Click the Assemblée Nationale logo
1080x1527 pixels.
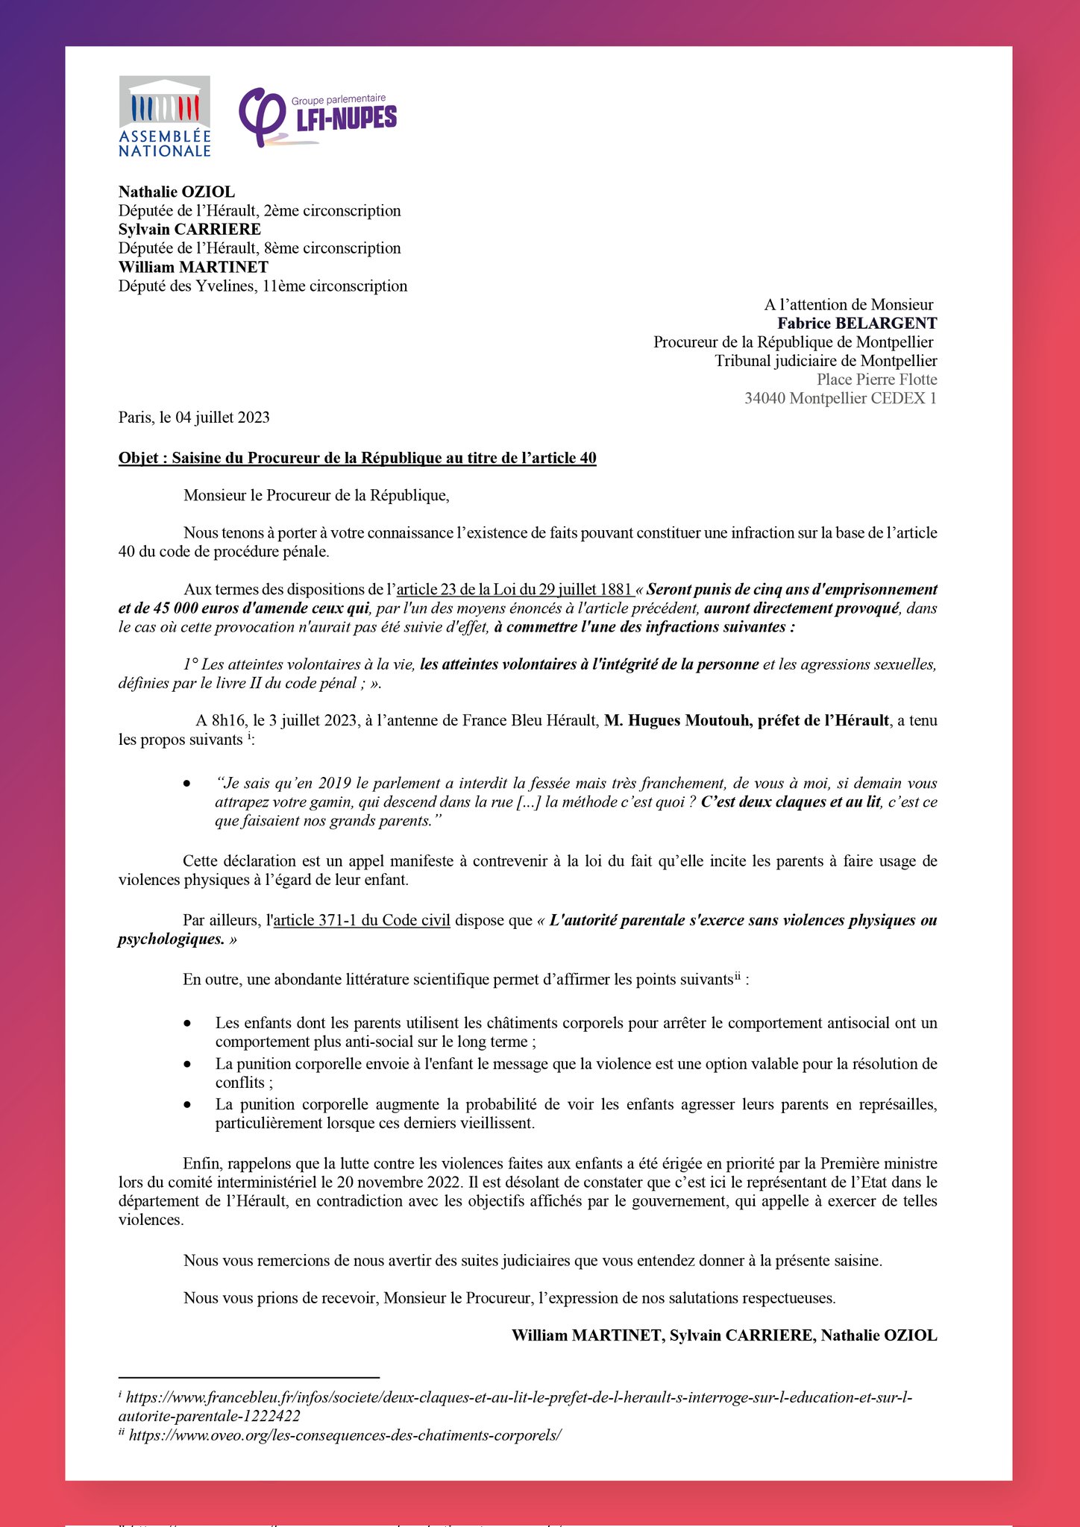165,117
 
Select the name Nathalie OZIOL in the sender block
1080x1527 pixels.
177,192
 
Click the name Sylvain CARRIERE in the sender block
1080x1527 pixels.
189,229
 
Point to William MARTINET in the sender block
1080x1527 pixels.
193,267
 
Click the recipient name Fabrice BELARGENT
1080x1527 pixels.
857,323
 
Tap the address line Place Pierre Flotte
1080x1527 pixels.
876,380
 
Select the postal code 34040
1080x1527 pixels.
765,398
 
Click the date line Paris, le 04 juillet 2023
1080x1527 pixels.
194,417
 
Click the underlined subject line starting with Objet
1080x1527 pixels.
357,458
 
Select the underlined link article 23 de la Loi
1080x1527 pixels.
515,589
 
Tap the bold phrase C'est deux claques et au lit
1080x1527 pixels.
791,802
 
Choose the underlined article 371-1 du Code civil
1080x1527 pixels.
362,920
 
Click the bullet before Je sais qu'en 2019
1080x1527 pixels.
187,784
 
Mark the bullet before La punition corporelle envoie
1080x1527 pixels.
187,1064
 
